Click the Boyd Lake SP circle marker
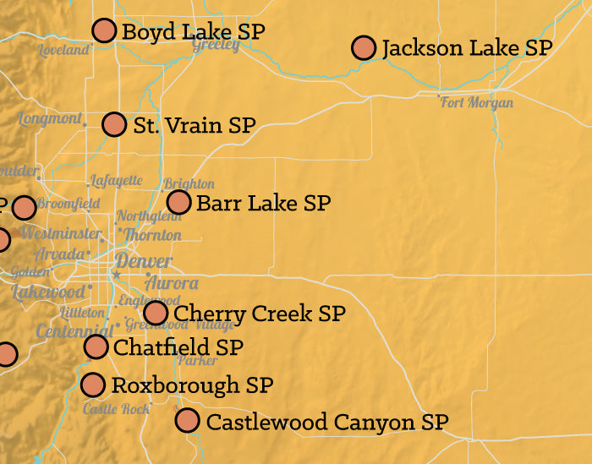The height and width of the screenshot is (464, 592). tap(104, 30)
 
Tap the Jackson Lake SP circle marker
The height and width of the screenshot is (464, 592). tap(364, 47)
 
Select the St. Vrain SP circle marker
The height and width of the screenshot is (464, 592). tap(114, 124)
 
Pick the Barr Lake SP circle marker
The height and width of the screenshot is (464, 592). tap(178, 202)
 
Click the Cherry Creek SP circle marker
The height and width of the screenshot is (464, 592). tap(156, 313)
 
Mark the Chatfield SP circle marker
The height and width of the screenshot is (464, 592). tap(96, 347)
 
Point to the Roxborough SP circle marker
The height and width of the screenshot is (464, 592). tap(94, 385)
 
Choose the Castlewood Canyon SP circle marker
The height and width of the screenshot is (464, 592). tap(188, 420)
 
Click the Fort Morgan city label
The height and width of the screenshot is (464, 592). tap(477, 103)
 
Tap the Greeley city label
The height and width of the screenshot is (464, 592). tap(216, 45)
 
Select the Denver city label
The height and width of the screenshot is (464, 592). tap(143, 261)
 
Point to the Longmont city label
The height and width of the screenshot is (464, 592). tap(49, 118)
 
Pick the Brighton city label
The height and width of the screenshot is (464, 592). tap(189, 183)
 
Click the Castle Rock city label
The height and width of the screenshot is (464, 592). tap(116, 409)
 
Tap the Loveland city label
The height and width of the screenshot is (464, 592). tap(63, 51)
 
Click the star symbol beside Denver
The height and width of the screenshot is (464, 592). tap(117, 275)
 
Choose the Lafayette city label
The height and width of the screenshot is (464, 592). tap(117, 181)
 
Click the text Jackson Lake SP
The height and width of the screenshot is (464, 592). tap(467, 47)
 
